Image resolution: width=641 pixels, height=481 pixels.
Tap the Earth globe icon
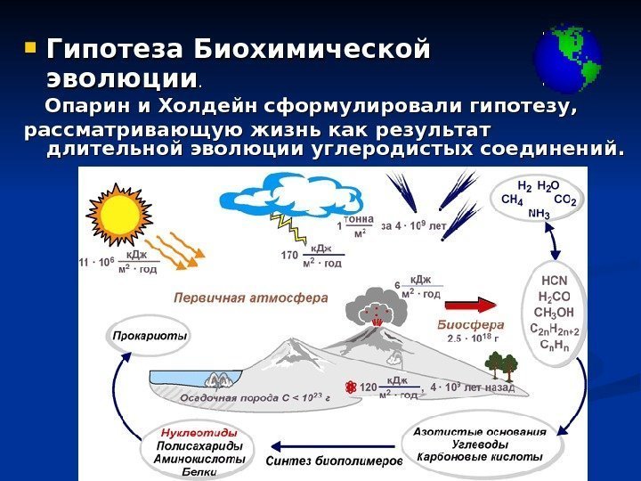pyautogui.click(x=566, y=61)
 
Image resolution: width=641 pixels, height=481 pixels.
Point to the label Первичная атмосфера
pyautogui.click(x=251, y=297)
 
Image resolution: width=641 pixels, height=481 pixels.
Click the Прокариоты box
pyautogui.click(x=150, y=337)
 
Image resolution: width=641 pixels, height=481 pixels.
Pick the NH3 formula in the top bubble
pyautogui.click(x=539, y=214)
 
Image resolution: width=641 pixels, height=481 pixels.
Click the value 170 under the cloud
pyautogui.click(x=288, y=257)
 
